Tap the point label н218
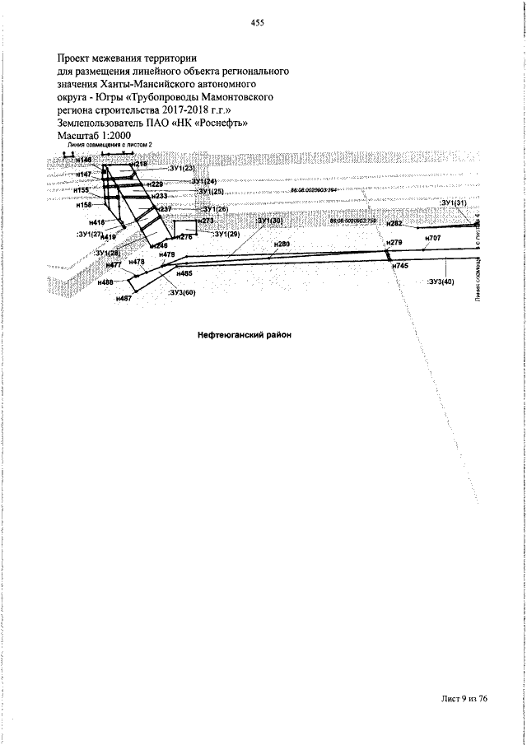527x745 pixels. tap(139, 165)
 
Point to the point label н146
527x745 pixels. tap(84, 161)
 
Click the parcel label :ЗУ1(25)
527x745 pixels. tap(210, 191)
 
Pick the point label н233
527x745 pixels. tap(159, 196)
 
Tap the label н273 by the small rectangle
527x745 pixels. tap(206, 221)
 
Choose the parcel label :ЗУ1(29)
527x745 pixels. tap(226, 235)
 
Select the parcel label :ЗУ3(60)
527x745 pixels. tap(181, 292)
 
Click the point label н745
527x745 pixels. tap(400, 267)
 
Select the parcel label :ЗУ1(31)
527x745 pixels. tap(454, 203)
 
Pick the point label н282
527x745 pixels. tap(394, 224)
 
